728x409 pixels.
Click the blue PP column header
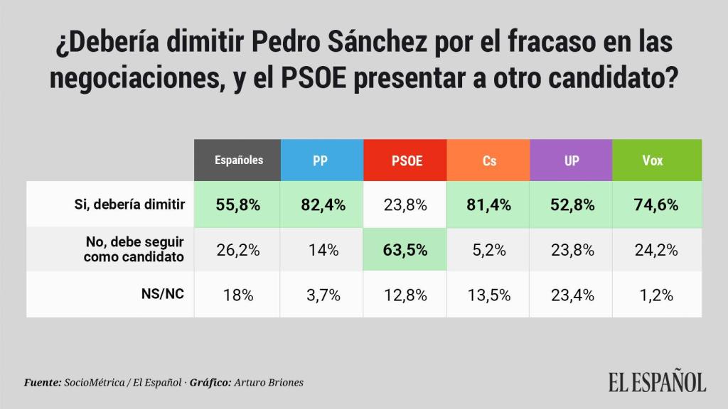click(x=321, y=160)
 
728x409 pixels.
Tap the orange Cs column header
click(x=489, y=160)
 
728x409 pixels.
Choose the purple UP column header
click(x=572, y=160)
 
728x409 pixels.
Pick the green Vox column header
click(x=652, y=160)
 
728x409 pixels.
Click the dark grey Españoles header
click(x=239, y=160)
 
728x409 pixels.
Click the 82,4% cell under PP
click(x=322, y=205)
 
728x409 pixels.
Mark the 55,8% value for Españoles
click(x=239, y=205)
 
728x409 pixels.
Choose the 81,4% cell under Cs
click(x=489, y=205)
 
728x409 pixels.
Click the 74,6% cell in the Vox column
click(x=652, y=205)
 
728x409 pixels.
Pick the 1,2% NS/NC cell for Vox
click(x=652, y=295)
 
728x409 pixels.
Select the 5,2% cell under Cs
click(x=489, y=250)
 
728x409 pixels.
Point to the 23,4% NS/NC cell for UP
click(x=572, y=295)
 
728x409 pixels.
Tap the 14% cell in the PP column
click(x=322, y=250)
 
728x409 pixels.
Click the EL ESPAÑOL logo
click(x=656, y=381)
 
